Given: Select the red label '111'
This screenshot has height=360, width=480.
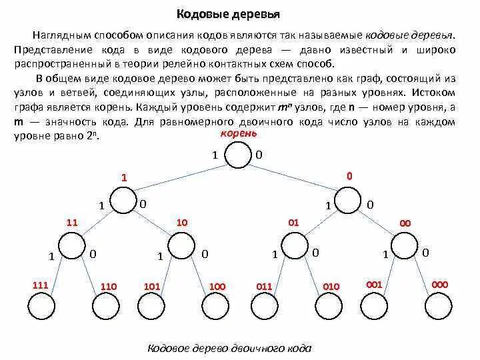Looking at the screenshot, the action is pos(41,285).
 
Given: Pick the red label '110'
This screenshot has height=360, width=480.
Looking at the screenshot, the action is pos(109,287).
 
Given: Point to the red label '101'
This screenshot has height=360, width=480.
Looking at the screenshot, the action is pos(153,287).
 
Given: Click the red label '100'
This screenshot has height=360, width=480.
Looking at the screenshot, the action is pos(218,287).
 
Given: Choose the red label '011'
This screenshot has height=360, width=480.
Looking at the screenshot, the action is pos(265,287).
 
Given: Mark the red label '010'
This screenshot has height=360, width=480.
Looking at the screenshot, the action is pos(331,287).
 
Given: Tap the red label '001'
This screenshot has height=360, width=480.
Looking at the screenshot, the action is pos(374,285).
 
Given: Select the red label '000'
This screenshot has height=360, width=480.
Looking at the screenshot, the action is pos(440,285).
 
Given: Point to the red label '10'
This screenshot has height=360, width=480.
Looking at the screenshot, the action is pos(181,221).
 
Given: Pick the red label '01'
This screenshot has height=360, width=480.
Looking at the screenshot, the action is pos(293,221).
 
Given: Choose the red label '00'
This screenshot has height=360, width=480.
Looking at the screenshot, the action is pos(405,223).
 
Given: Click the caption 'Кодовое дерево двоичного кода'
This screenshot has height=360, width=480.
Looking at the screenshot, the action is pos(229,349).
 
